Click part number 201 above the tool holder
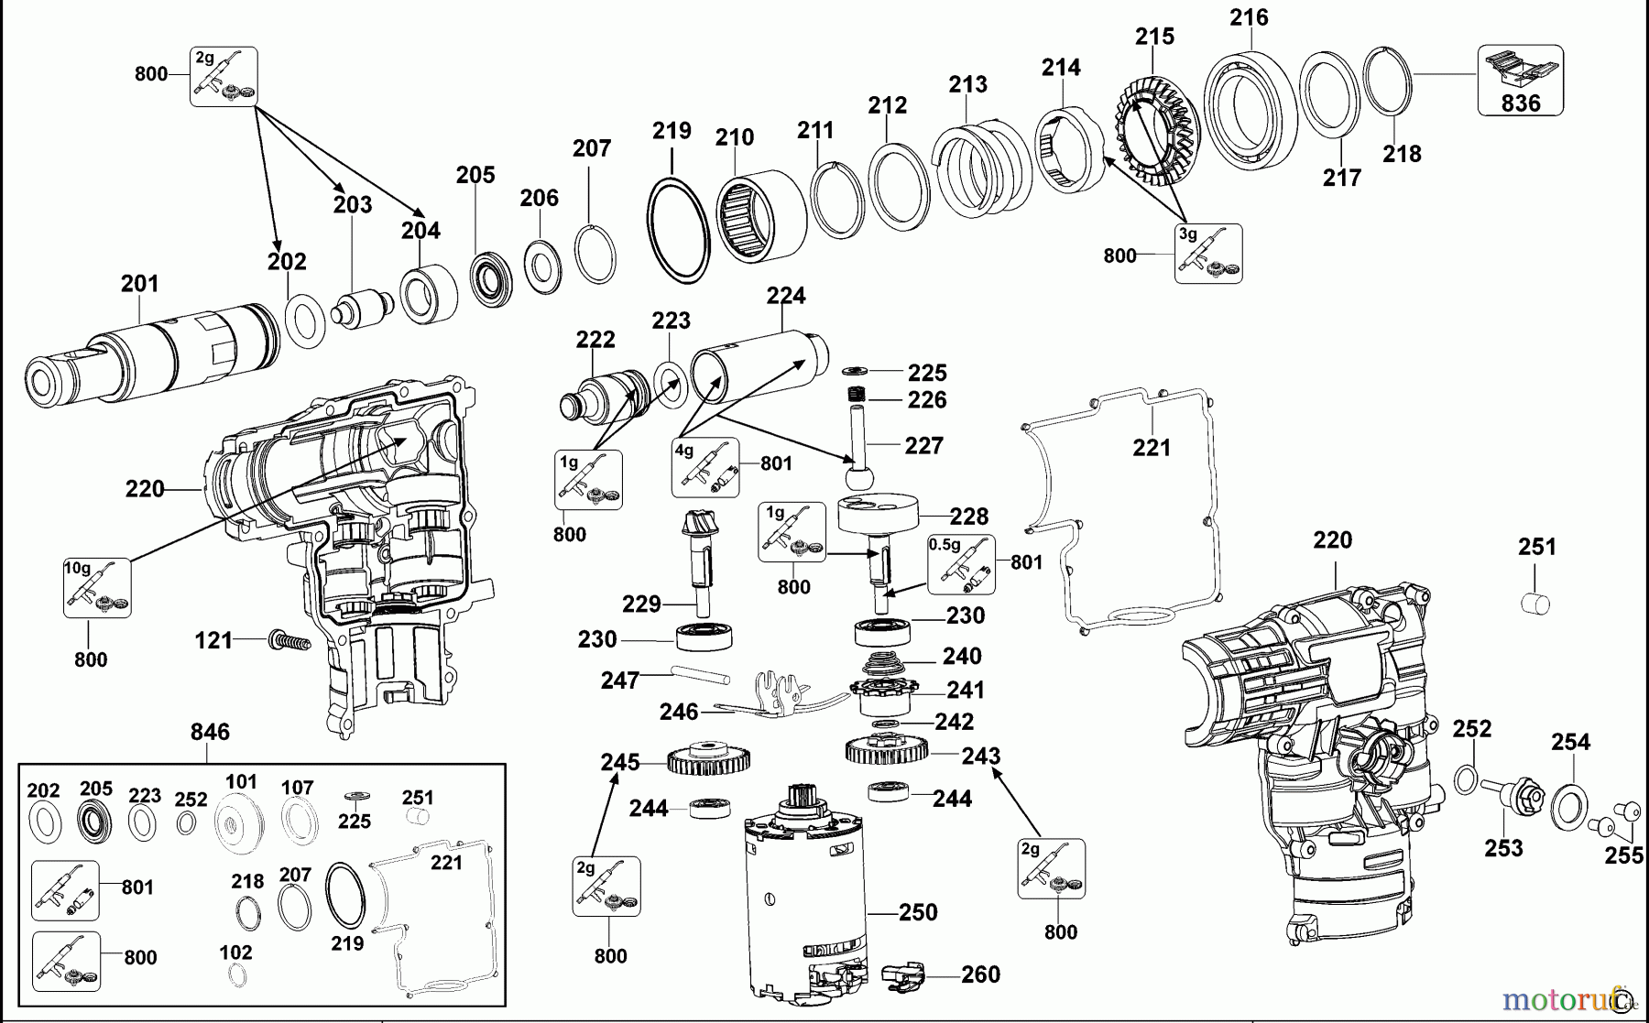click(139, 283)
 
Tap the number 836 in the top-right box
click(1520, 103)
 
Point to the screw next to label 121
click(289, 640)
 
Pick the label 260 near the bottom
click(980, 974)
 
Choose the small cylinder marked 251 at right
click(1534, 603)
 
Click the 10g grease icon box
click(97, 587)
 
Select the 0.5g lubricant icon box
click(961, 563)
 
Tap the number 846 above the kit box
click(210, 732)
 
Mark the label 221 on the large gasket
click(1152, 447)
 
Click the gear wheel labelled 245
click(709, 759)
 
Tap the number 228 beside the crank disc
click(968, 517)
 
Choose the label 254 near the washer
click(1570, 742)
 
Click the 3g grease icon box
click(1208, 253)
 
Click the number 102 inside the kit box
click(235, 952)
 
